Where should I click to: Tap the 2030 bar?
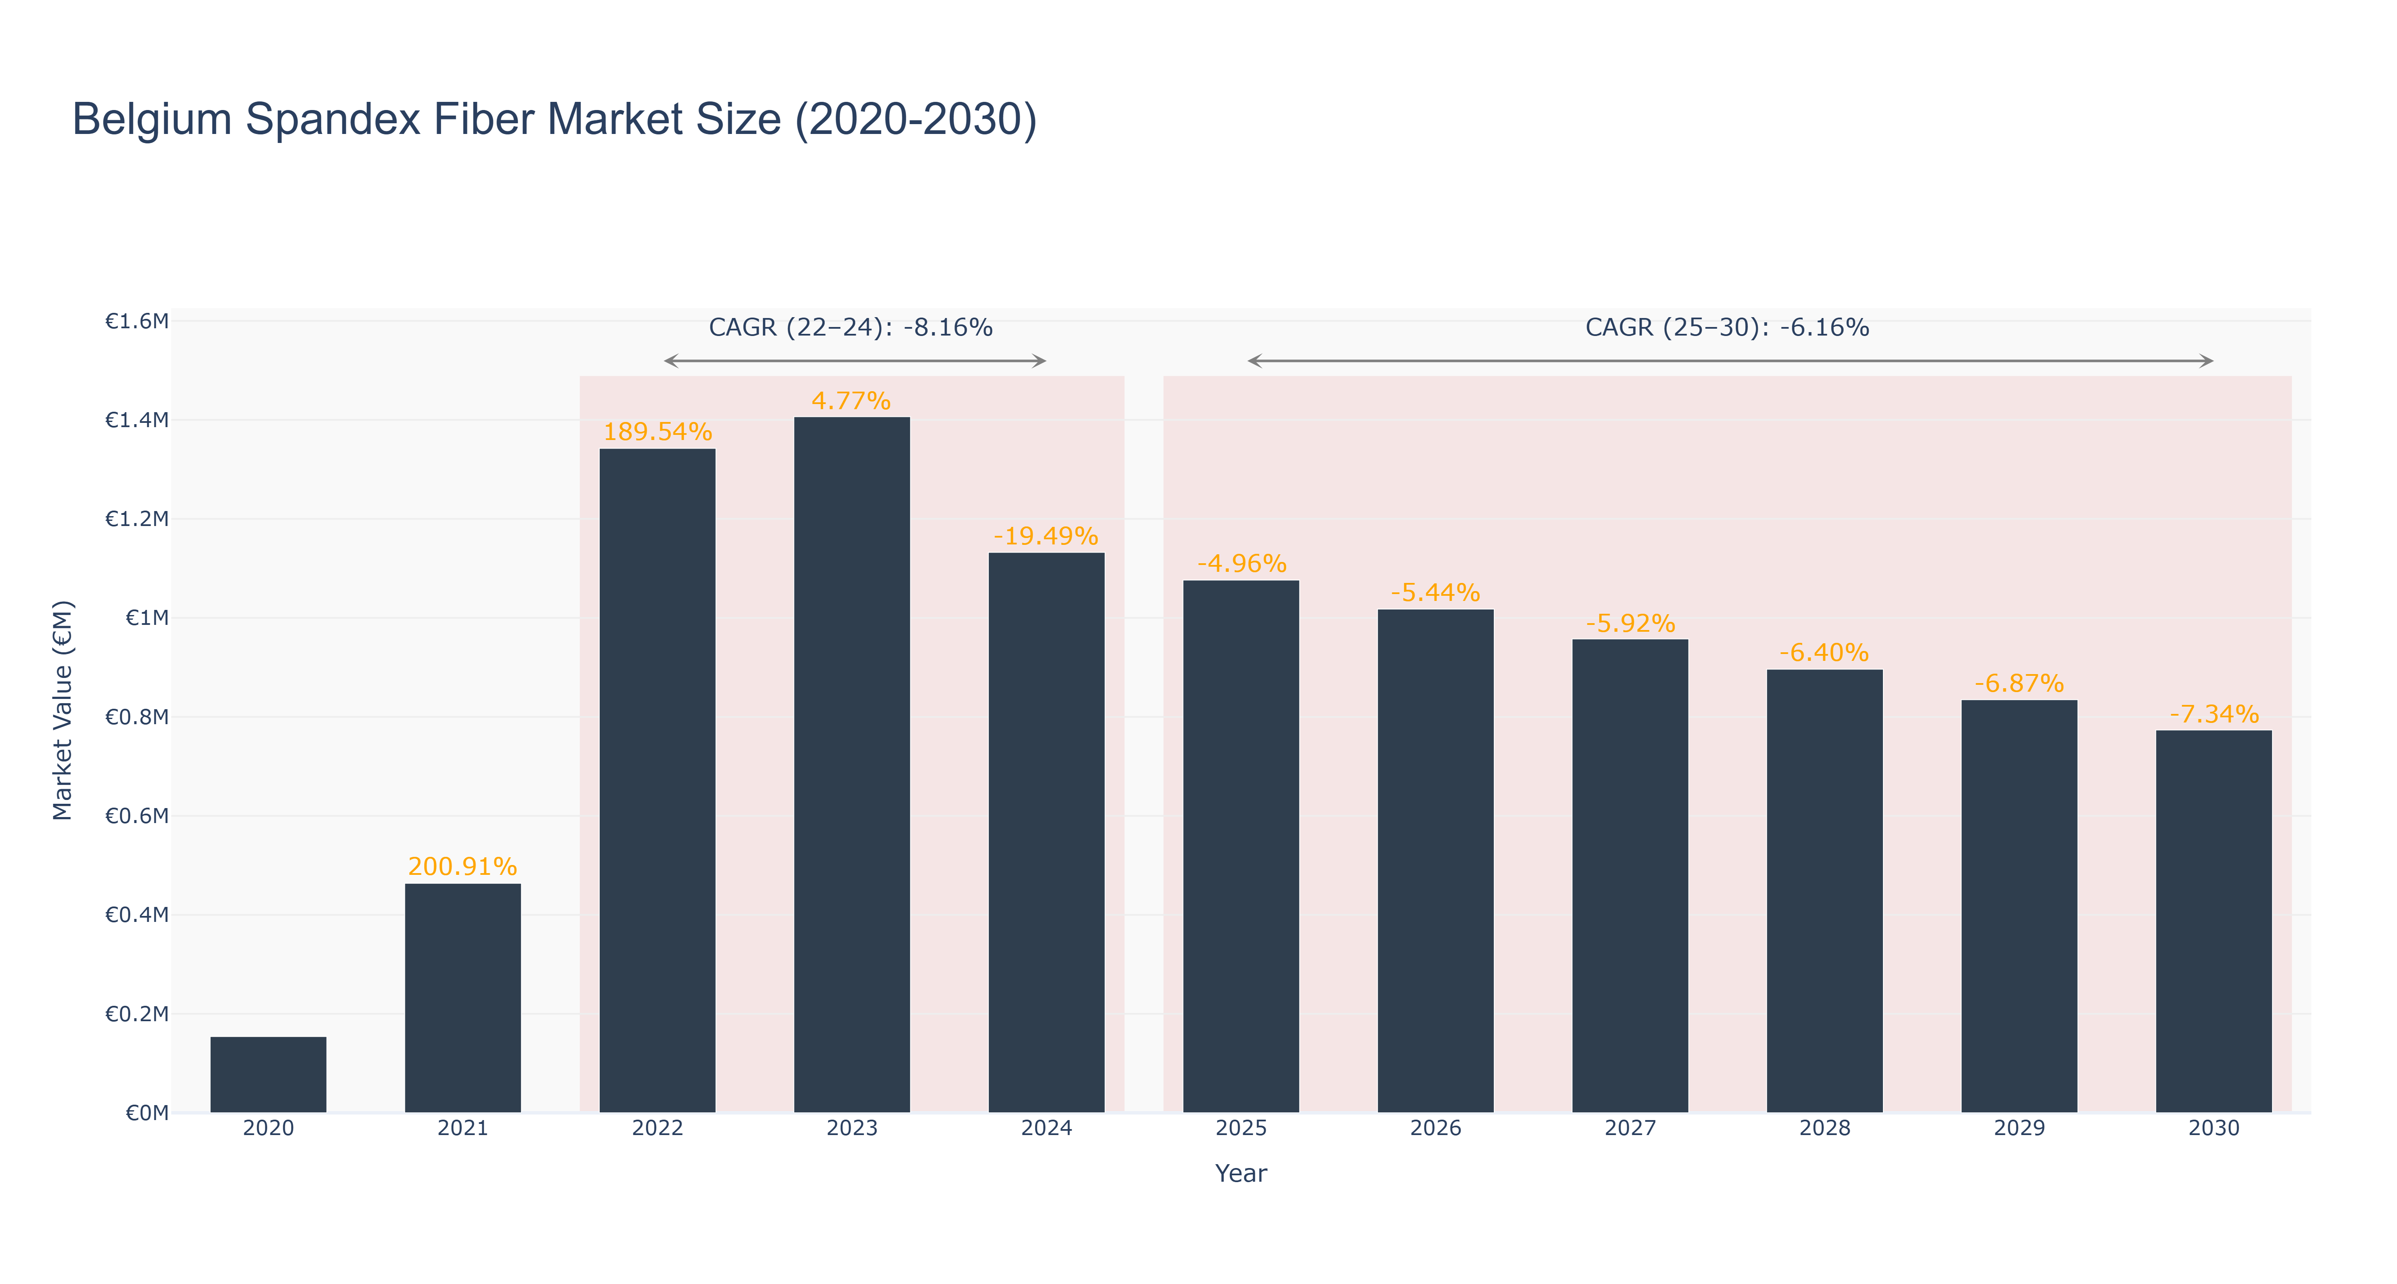point(2214,921)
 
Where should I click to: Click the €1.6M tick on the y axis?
point(137,321)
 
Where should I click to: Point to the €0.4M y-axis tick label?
point(137,915)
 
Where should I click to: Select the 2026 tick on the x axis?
point(1436,1128)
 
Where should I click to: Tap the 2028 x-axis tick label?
point(1825,1128)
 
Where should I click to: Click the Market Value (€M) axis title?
point(62,710)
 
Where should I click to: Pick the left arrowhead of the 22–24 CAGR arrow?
point(671,361)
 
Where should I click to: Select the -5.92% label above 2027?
point(1630,624)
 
